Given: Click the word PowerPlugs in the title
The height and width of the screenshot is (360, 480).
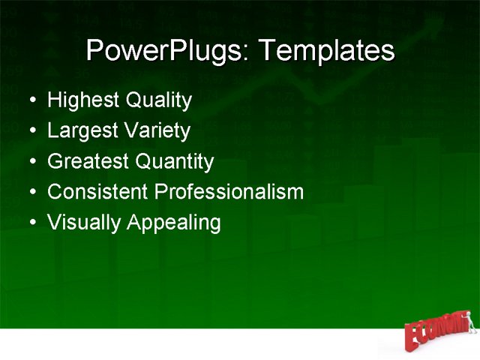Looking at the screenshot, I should [x=169, y=51].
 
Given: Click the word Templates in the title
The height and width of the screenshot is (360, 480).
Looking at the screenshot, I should [x=325, y=51].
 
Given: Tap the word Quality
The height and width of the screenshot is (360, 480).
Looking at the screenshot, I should [x=158, y=100].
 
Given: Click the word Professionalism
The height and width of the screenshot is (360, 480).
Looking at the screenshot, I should [x=229, y=192].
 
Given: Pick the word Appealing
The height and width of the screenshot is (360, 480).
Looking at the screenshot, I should [x=173, y=223].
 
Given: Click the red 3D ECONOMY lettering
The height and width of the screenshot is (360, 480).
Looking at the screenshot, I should [x=436, y=331].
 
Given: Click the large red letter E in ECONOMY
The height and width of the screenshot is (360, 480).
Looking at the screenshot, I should [x=413, y=338].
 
